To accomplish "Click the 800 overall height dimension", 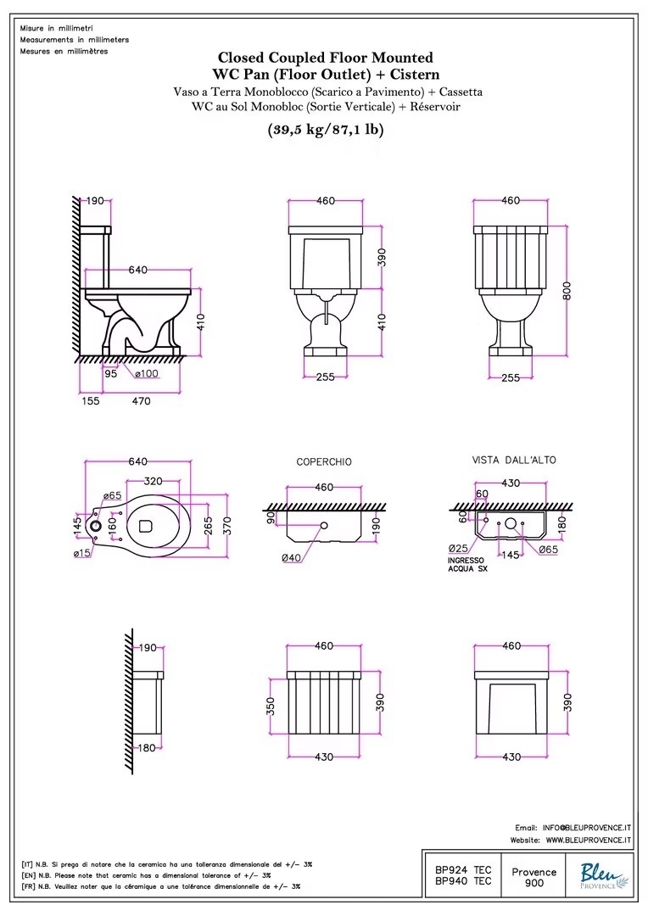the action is click(x=567, y=290).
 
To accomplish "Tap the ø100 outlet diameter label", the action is click(x=146, y=373).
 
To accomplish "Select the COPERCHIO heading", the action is click(x=324, y=461).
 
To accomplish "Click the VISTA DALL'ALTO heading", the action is click(x=514, y=460).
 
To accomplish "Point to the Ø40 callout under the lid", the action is click(x=291, y=558).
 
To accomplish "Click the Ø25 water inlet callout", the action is click(x=459, y=548).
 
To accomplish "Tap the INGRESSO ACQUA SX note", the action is click(x=466, y=564).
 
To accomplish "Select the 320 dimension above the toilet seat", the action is click(x=153, y=482).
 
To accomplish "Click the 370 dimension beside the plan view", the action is click(x=227, y=526).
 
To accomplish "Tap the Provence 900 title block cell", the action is click(x=534, y=877).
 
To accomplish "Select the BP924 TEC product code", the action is click(x=463, y=870).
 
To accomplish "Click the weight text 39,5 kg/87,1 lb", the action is click(x=326, y=129).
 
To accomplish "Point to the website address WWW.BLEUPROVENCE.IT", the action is click(x=589, y=840).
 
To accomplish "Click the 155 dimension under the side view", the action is click(x=90, y=400).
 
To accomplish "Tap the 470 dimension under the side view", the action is click(x=141, y=400).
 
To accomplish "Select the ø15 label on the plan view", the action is click(x=82, y=553).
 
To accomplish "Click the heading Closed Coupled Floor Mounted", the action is click(x=326, y=58).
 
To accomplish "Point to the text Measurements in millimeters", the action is click(x=74, y=40).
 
